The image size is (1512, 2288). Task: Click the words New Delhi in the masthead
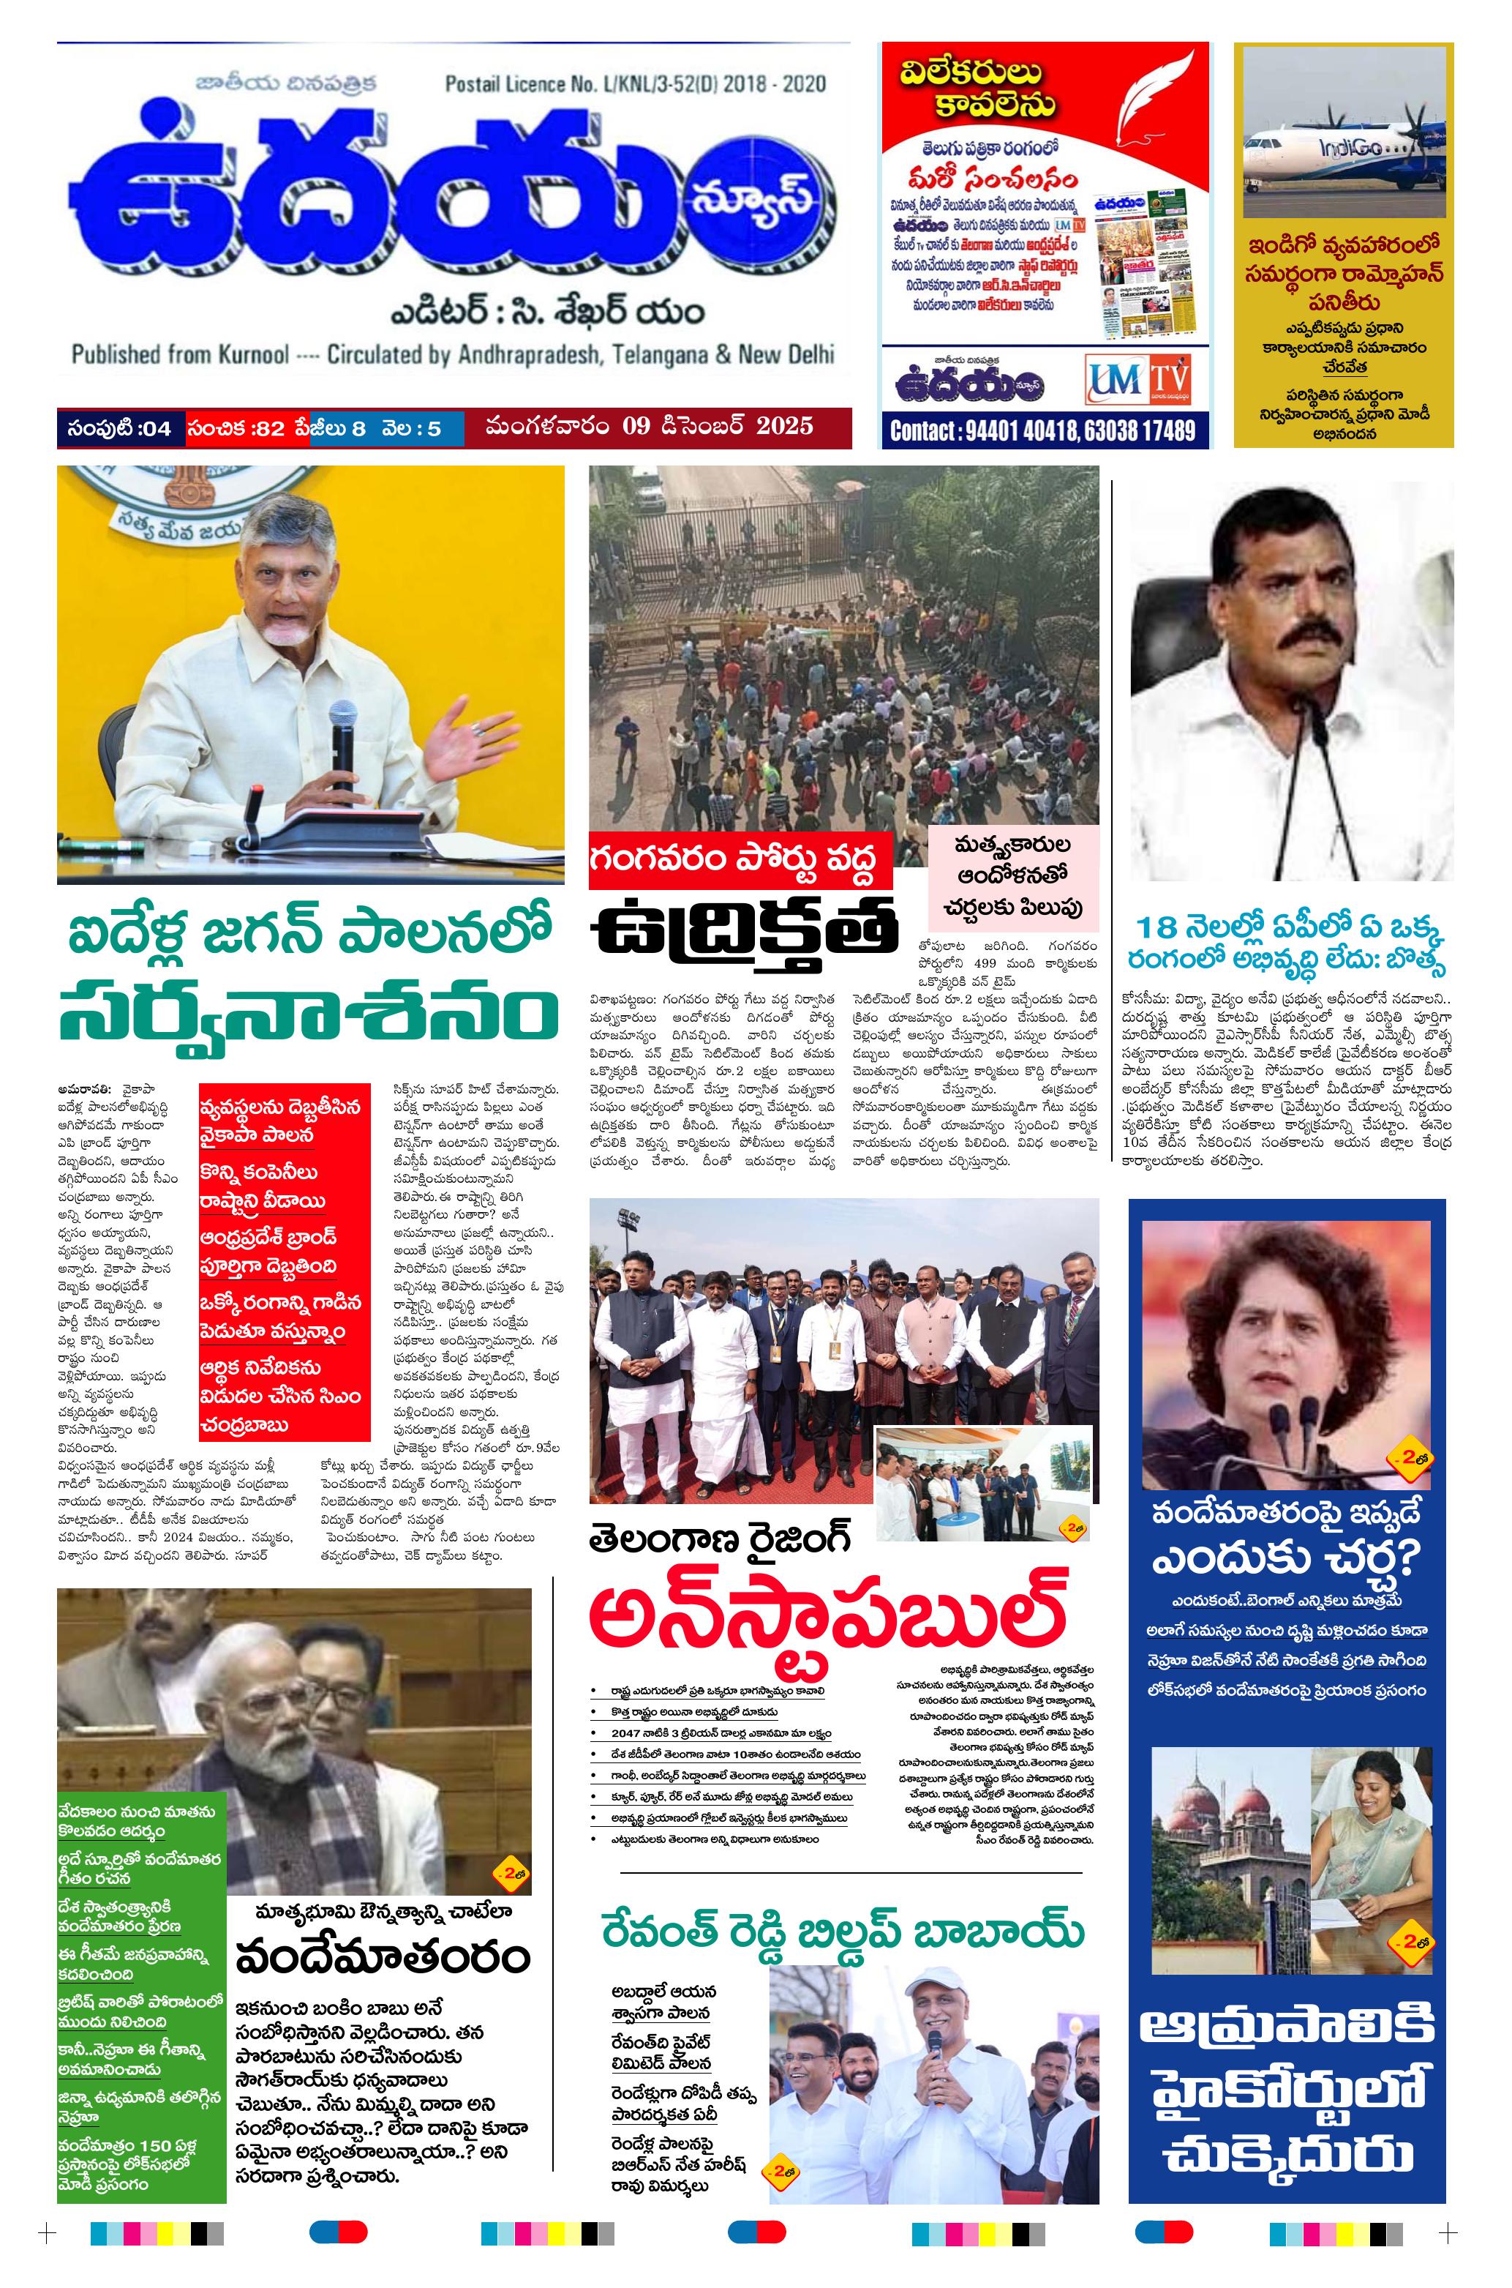tap(786, 354)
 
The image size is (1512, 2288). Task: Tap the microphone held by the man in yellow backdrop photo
tap(342, 743)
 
